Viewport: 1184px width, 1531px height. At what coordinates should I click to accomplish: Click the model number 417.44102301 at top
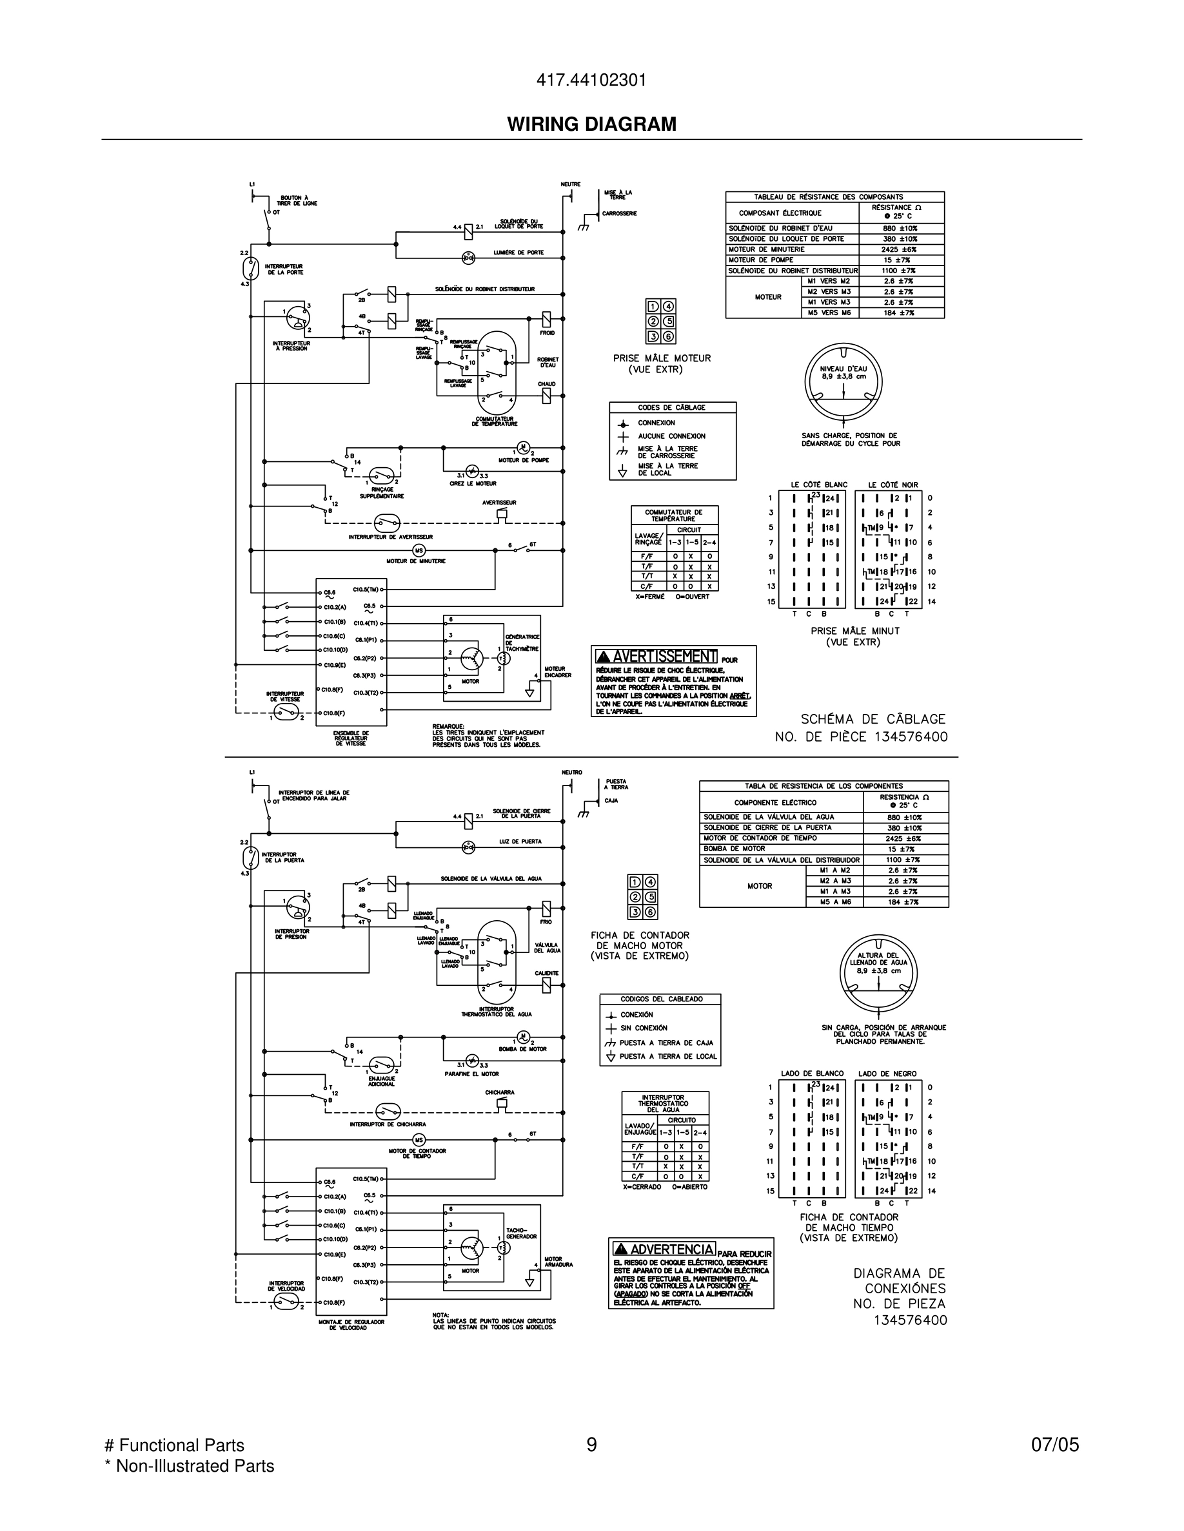[x=591, y=81]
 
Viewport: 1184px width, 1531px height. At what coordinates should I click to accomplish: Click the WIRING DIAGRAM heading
[x=591, y=124]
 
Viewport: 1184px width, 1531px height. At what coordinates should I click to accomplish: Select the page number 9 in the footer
[x=591, y=1445]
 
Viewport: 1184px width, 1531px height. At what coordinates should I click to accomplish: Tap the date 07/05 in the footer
[x=1054, y=1445]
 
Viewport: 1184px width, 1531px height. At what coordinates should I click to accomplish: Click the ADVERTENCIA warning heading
[x=664, y=1249]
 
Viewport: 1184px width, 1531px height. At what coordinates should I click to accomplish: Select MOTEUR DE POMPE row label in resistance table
[x=761, y=260]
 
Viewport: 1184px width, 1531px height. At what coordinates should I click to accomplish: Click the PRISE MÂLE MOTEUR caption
[x=662, y=358]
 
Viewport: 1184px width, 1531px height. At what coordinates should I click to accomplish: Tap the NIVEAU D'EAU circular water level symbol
[x=843, y=382]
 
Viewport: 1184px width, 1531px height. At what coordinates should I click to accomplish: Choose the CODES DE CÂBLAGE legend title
[x=672, y=407]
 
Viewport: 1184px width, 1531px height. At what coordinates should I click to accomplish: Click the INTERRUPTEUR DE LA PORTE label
[x=285, y=269]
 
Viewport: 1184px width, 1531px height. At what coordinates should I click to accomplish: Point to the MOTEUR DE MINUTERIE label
[x=416, y=561]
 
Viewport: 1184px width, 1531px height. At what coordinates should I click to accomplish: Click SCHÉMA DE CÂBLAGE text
[x=873, y=719]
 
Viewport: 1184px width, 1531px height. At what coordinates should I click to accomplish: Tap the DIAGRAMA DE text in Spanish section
[x=898, y=1274]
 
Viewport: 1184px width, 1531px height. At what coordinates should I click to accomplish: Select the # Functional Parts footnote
[x=174, y=1445]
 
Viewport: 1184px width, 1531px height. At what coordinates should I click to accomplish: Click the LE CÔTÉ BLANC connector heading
[x=818, y=485]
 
